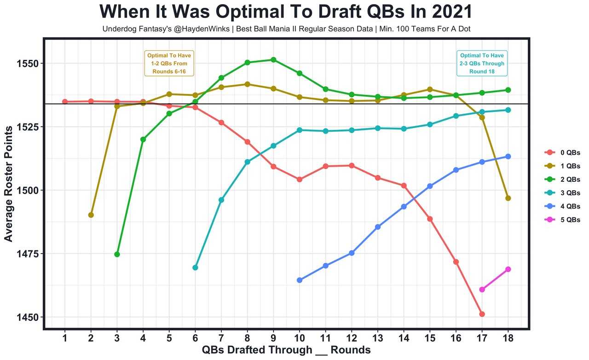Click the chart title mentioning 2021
tap(286, 12)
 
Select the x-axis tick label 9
tap(273, 338)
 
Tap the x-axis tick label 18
tap(508, 338)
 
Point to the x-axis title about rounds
tap(286, 350)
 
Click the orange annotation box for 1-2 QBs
tap(169, 63)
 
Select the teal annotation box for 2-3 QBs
tap(482, 63)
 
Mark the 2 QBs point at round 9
tap(273, 60)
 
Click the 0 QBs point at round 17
tap(482, 314)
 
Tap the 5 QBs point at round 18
tap(508, 269)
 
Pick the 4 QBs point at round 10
tap(300, 280)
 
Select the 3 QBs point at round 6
tap(195, 267)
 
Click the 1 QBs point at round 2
tap(91, 215)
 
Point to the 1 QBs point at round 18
tap(508, 198)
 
